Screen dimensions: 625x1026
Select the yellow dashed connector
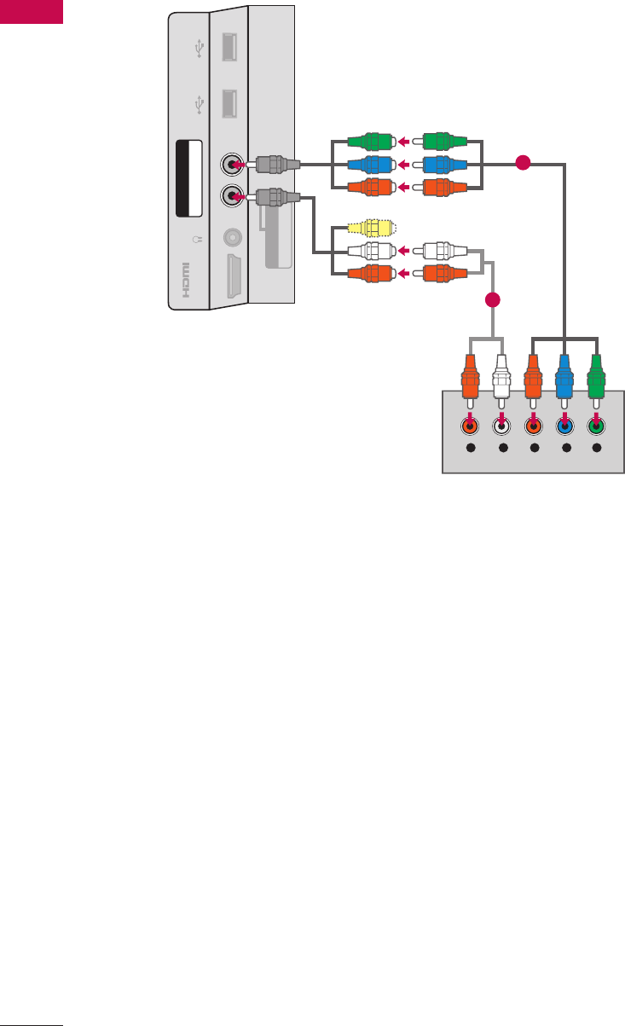point(371,229)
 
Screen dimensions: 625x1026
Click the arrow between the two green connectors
point(408,142)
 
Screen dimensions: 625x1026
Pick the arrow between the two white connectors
point(408,252)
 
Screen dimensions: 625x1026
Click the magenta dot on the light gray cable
point(492,299)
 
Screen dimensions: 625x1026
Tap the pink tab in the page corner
point(32,11)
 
